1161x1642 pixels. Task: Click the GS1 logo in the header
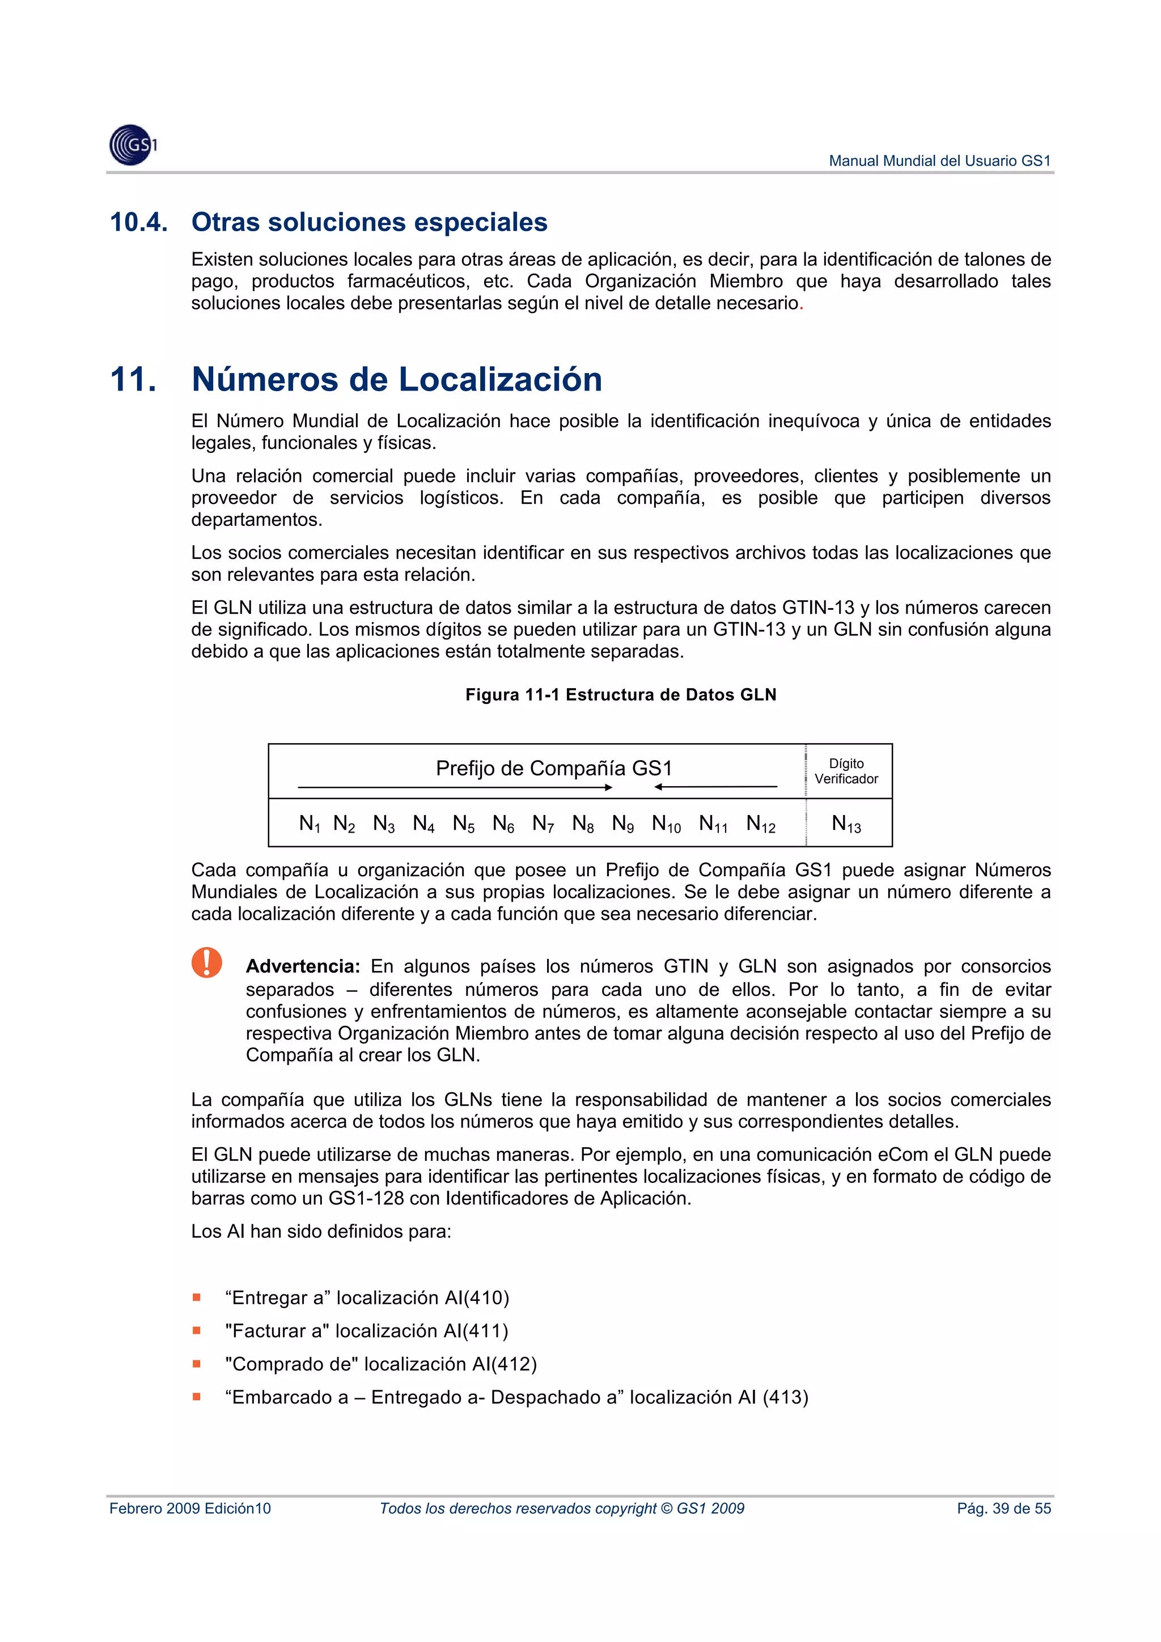[132, 145]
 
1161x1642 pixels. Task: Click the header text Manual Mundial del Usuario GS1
[939, 161]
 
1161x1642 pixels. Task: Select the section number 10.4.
[139, 222]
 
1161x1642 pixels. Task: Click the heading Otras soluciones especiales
[369, 222]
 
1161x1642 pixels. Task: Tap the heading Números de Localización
[396, 379]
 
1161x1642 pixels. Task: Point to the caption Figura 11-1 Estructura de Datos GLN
[620, 694]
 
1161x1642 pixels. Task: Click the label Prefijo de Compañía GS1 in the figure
[554, 768]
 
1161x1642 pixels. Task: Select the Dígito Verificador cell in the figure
[846, 771]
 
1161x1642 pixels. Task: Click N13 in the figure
[846, 824]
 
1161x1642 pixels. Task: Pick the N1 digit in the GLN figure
[309, 824]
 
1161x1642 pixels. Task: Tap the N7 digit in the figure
[543, 824]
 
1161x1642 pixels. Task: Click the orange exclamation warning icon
[207, 962]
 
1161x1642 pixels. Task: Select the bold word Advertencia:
[303, 966]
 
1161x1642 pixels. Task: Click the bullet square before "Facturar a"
[197, 1330]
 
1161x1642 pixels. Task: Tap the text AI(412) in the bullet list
[505, 1364]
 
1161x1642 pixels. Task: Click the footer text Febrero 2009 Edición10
[190, 1508]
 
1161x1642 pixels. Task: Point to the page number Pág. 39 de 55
[1003, 1508]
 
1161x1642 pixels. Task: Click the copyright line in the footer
[562, 1508]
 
